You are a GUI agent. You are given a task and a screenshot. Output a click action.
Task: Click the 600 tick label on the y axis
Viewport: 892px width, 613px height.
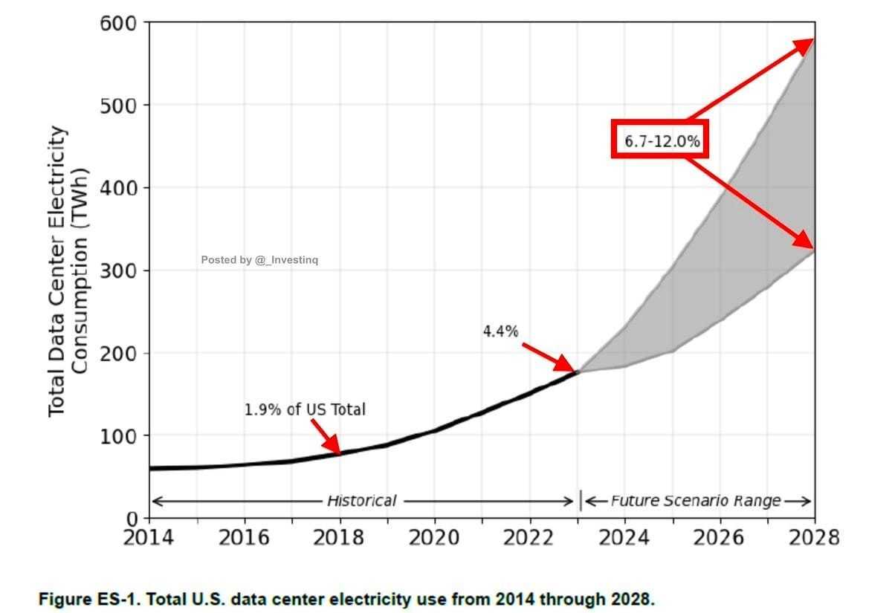click(x=119, y=22)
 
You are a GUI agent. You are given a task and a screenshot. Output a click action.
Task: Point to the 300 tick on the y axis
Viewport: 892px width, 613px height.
click(x=119, y=270)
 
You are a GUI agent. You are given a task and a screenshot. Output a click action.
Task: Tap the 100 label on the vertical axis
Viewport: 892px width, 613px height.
click(x=119, y=435)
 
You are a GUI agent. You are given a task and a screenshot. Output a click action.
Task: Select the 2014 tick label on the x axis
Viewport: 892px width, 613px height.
click(x=149, y=537)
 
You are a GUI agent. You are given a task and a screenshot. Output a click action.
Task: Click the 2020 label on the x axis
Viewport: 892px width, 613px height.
click(x=434, y=537)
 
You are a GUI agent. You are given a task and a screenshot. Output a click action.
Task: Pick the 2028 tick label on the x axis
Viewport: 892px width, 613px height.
click(x=815, y=537)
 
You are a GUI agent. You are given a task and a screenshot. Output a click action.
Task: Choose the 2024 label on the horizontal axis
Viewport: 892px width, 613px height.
click(x=624, y=537)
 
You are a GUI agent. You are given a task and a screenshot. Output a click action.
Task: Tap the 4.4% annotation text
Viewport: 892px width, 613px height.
click(x=500, y=331)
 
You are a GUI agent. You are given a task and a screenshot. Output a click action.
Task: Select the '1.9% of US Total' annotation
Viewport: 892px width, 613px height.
click(x=305, y=409)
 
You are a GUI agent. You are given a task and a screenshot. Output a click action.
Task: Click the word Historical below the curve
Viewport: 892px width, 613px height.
click(x=362, y=501)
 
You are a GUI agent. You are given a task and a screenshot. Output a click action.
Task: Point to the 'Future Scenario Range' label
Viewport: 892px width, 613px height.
click(x=696, y=501)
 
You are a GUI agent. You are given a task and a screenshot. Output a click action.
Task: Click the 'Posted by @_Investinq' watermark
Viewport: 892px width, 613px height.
click(x=259, y=260)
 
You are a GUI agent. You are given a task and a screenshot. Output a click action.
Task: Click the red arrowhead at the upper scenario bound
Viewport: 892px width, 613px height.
click(x=804, y=45)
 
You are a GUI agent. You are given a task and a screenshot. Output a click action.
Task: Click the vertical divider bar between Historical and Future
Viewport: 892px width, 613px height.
click(x=581, y=501)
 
